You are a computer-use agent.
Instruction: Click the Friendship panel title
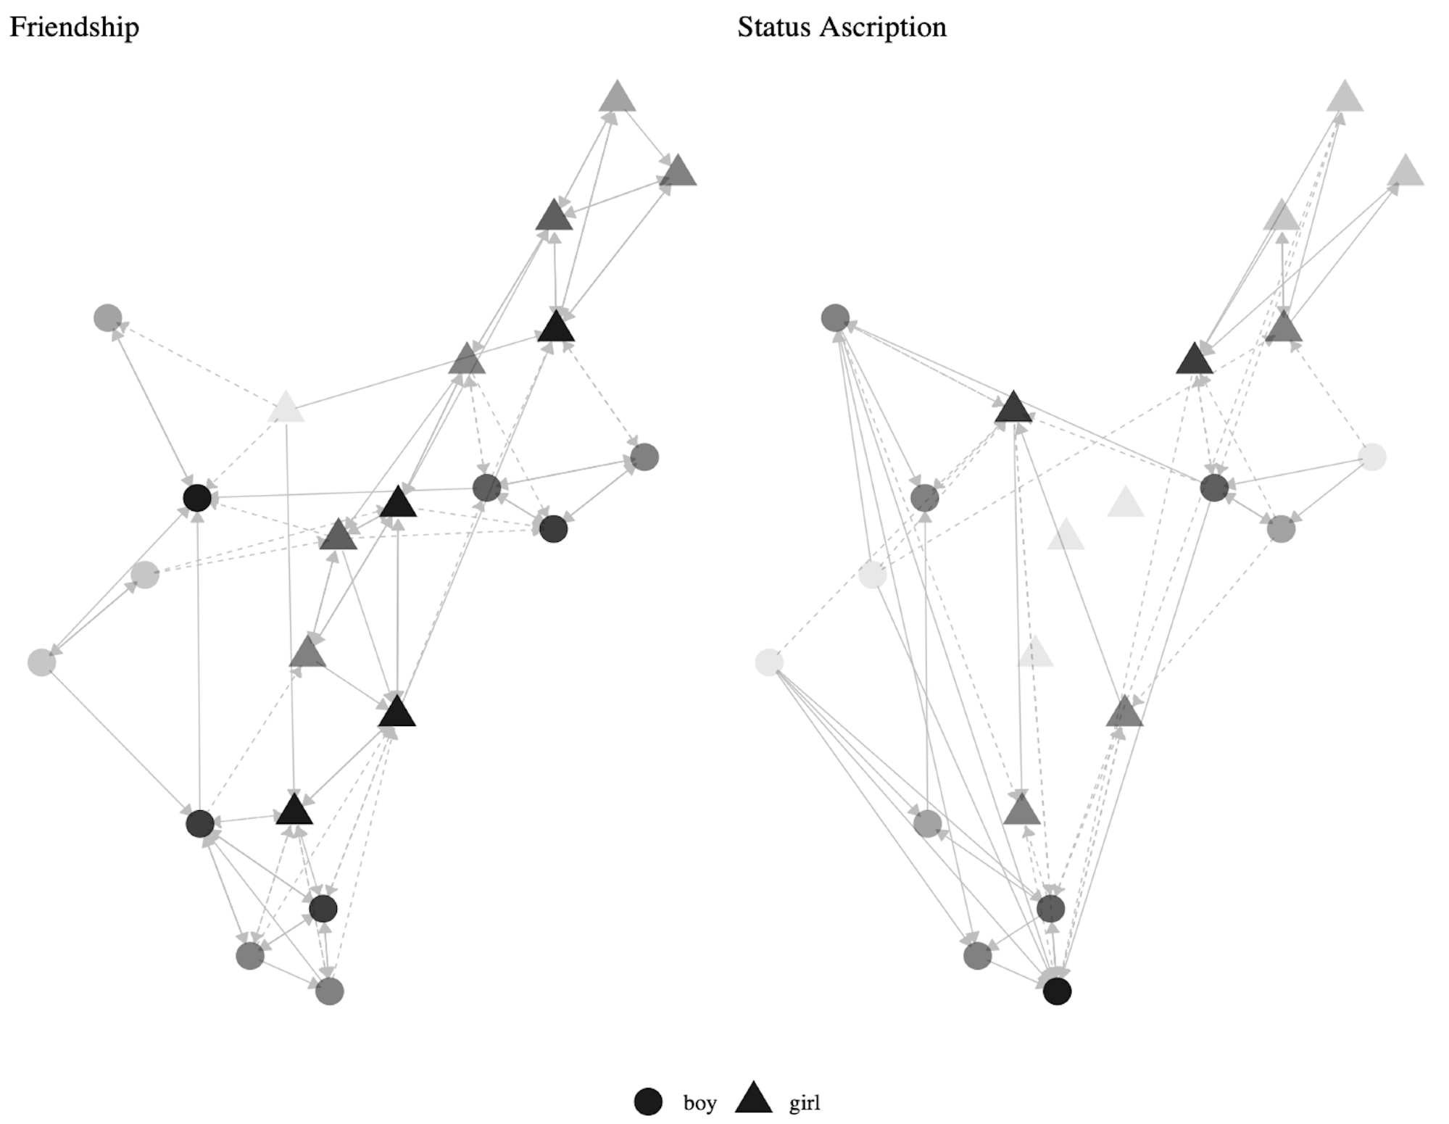(74, 28)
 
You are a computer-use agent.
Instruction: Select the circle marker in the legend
(648, 1102)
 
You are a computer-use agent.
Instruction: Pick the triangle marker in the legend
(754, 1099)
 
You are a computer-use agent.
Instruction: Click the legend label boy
(699, 1103)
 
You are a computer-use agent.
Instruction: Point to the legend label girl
(805, 1103)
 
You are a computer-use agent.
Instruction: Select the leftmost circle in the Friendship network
(41, 662)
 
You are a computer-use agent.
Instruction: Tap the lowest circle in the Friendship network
(330, 991)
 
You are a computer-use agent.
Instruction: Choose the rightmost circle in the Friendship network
(644, 457)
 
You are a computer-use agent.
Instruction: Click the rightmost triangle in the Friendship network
(678, 172)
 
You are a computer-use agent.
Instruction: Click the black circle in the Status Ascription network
(1057, 991)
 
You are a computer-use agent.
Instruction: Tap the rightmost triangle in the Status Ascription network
(1406, 172)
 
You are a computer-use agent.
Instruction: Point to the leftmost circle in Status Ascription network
(769, 662)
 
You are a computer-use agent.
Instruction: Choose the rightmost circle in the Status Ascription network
(1372, 457)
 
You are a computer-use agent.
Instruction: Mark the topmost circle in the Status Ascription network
(835, 317)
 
